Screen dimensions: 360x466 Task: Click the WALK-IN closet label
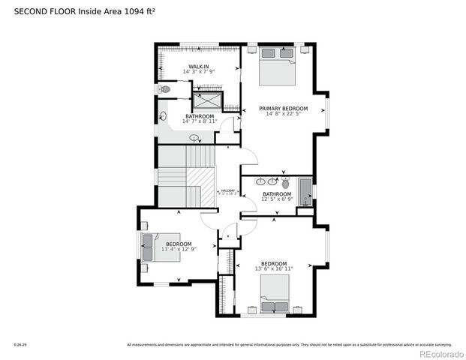pyautogui.click(x=198, y=67)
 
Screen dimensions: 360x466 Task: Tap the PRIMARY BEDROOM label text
pyautogui.click(x=284, y=109)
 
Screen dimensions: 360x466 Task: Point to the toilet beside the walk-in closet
pyautogui.click(x=164, y=89)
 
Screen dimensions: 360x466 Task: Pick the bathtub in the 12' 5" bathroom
pyautogui.click(x=305, y=191)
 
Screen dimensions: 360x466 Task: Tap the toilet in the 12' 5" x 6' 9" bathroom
pyautogui.click(x=285, y=183)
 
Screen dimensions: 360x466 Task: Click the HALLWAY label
pyautogui.click(x=228, y=190)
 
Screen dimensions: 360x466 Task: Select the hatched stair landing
pyautogui.click(x=200, y=185)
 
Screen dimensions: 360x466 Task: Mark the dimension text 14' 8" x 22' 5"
pyautogui.click(x=284, y=115)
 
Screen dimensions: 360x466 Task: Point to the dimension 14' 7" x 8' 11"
pyautogui.click(x=200, y=121)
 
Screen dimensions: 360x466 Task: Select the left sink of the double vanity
pyautogui.click(x=260, y=181)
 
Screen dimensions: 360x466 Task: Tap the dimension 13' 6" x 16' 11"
pyautogui.click(x=274, y=268)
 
